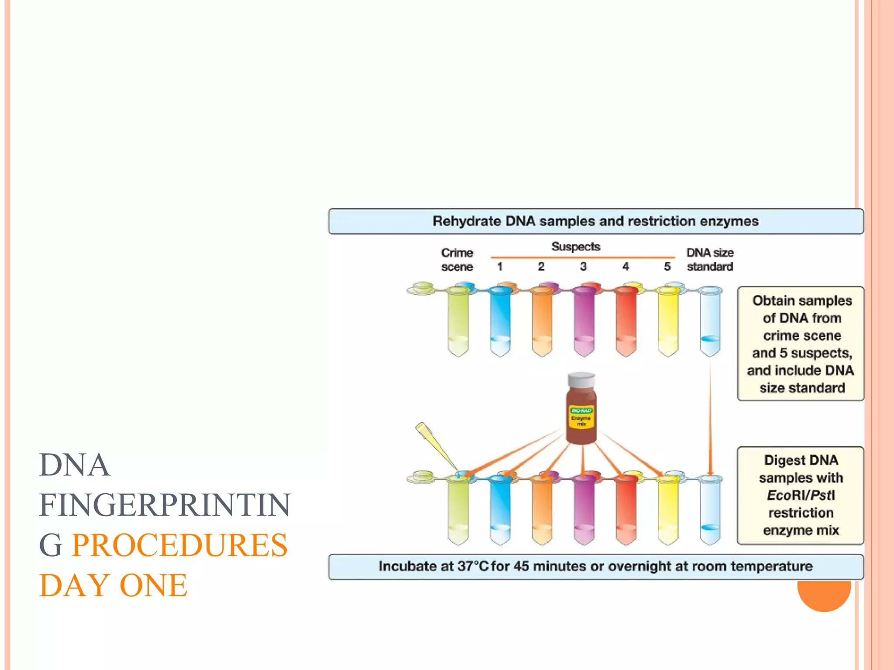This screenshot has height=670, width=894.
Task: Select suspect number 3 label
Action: pyautogui.click(x=583, y=267)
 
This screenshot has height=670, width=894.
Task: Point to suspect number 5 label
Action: pyautogui.click(x=667, y=267)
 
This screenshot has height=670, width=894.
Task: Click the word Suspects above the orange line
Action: pyautogui.click(x=576, y=246)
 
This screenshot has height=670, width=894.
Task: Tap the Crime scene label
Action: pyautogui.click(x=457, y=260)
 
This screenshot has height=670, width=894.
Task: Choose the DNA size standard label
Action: pyautogui.click(x=710, y=260)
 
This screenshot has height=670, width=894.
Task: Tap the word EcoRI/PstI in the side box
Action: pyautogui.click(x=801, y=495)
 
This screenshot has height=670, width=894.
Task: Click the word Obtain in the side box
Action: pyautogui.click(x=773, y=301)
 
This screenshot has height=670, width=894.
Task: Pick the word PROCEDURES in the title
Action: pyautogui.click(x=179, y=545)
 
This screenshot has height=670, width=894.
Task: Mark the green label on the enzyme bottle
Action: pyautogui.click(x=581, y=410)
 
